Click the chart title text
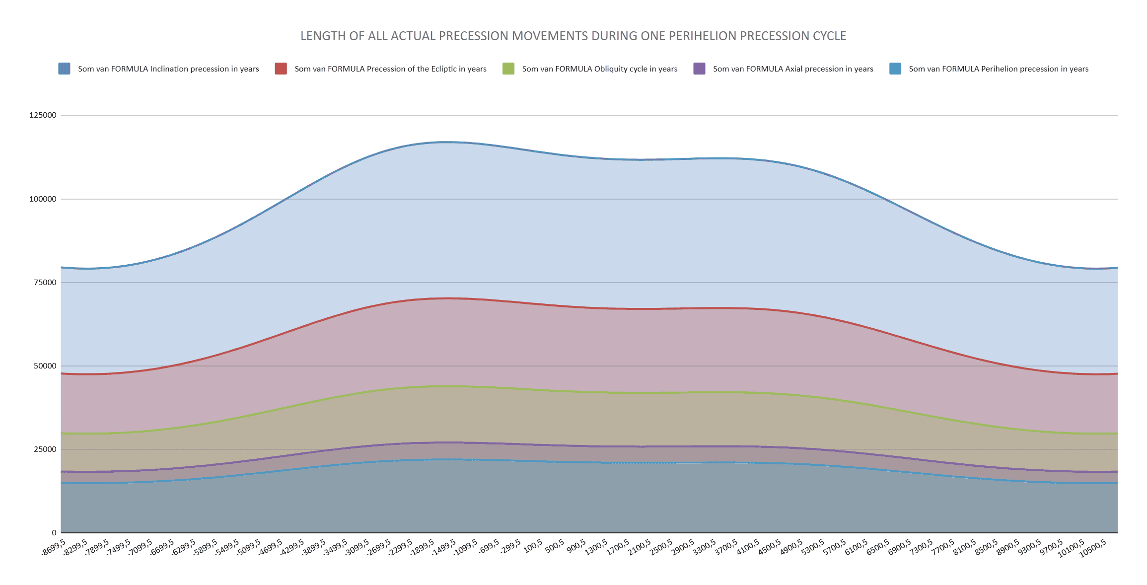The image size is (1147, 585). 573,36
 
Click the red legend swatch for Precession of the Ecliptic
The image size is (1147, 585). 281,69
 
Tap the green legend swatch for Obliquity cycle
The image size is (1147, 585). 508,69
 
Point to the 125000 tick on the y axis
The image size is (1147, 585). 43,115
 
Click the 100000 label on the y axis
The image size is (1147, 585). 43,199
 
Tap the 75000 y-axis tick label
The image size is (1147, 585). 45,283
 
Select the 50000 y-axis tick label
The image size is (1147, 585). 45,366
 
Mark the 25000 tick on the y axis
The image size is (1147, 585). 45,449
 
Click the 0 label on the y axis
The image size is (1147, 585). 54,533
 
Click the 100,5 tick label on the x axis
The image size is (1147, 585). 533,546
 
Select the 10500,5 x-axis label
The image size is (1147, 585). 1093,548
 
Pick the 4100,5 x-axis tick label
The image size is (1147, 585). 749,547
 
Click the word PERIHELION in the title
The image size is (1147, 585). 700,36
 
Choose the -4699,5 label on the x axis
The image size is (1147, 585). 271,548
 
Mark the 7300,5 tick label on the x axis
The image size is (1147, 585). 923,547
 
